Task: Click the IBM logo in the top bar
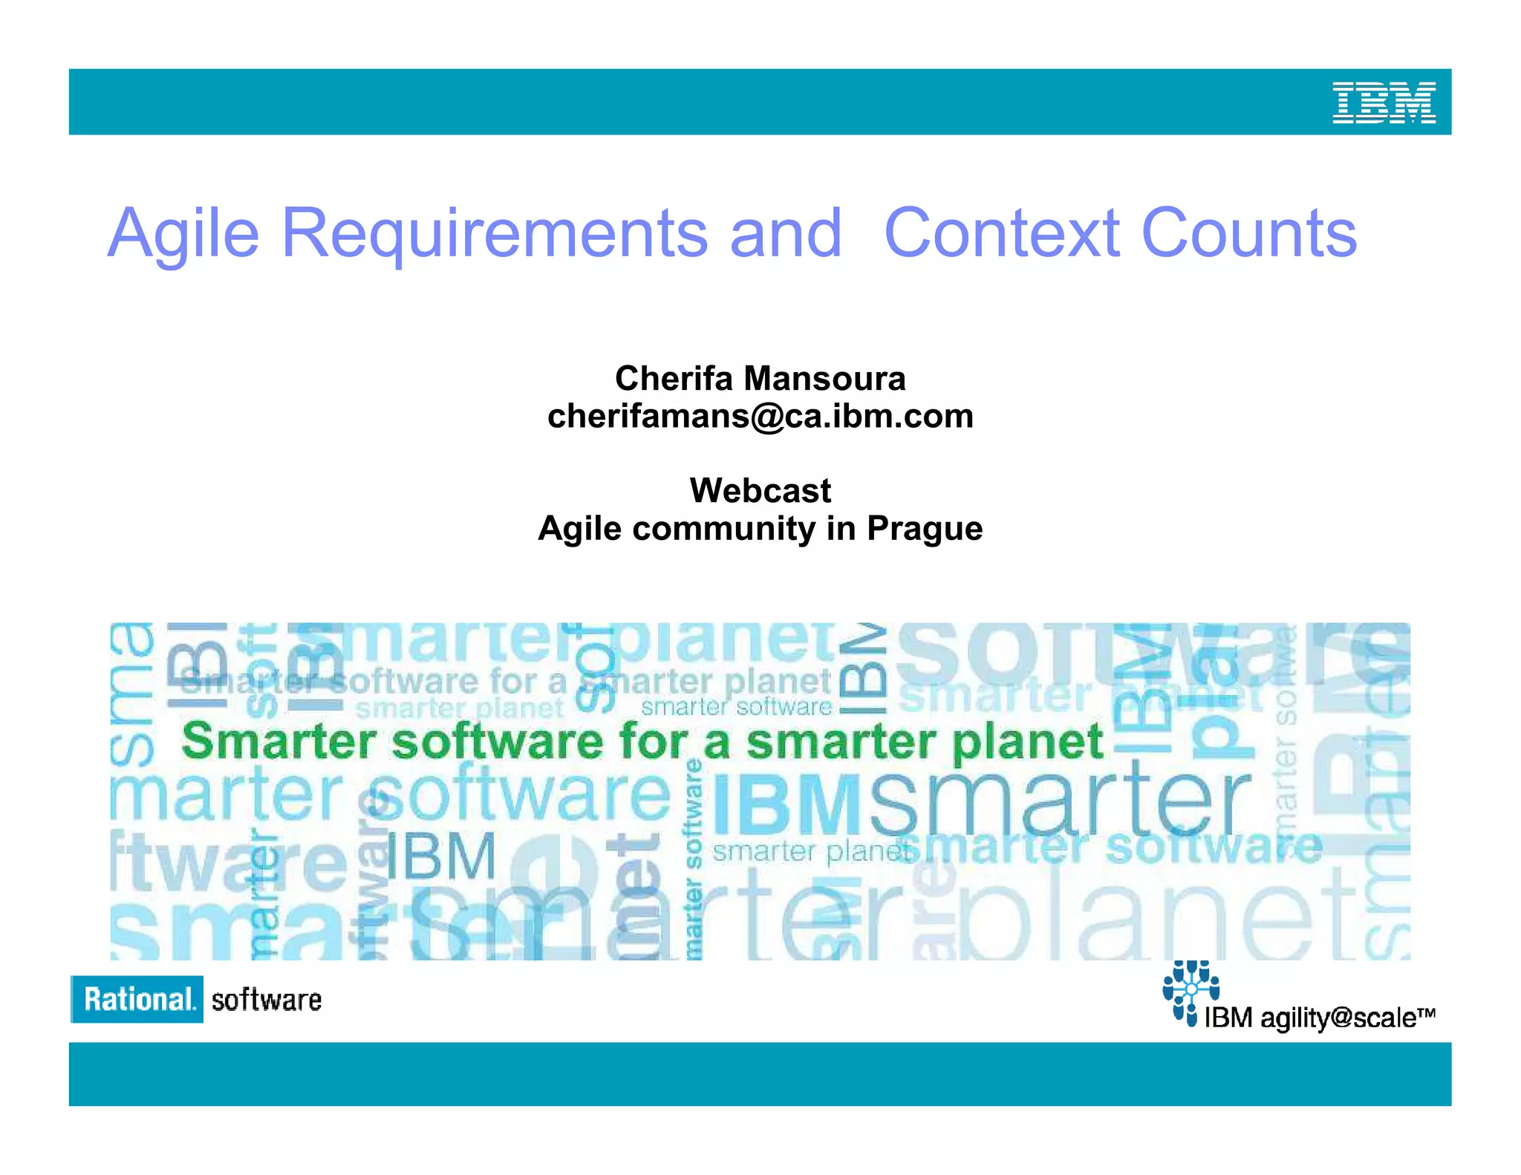[1384, 102]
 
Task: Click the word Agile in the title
[183, 234]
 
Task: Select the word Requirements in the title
[495, 234]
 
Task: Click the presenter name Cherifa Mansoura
[760, 379]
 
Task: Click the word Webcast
[760, 491]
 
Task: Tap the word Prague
[925, 529]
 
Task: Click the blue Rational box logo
[137, 999]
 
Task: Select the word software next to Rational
[266, 1000]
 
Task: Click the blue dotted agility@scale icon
[1190, 990]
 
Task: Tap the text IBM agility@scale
[1318, 1018]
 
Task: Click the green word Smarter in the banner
[279, 741]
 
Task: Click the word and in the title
[786, 234]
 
